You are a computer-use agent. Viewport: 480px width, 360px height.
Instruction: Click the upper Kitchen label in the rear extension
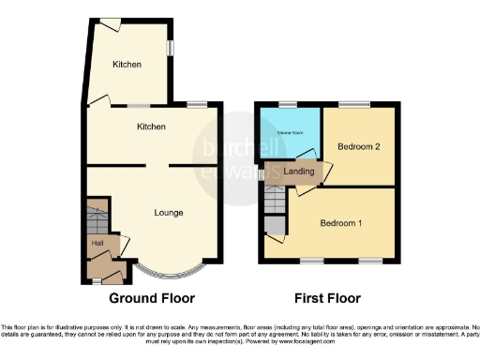127,64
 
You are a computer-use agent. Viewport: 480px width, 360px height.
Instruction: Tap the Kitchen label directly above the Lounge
151,126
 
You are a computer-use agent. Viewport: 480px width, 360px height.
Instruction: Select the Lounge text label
169,212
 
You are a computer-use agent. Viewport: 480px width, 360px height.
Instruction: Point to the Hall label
97,243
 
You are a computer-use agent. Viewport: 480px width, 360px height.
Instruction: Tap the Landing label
298,172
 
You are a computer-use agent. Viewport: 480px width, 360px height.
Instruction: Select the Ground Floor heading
152,298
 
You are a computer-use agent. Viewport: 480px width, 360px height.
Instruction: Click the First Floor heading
327,298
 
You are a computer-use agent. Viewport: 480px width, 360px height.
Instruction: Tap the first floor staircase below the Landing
274,200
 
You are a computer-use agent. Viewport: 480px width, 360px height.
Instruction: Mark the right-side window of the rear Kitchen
170,47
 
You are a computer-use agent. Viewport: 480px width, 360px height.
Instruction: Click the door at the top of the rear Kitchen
110,23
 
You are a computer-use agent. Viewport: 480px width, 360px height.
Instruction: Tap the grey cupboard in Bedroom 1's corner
276,224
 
